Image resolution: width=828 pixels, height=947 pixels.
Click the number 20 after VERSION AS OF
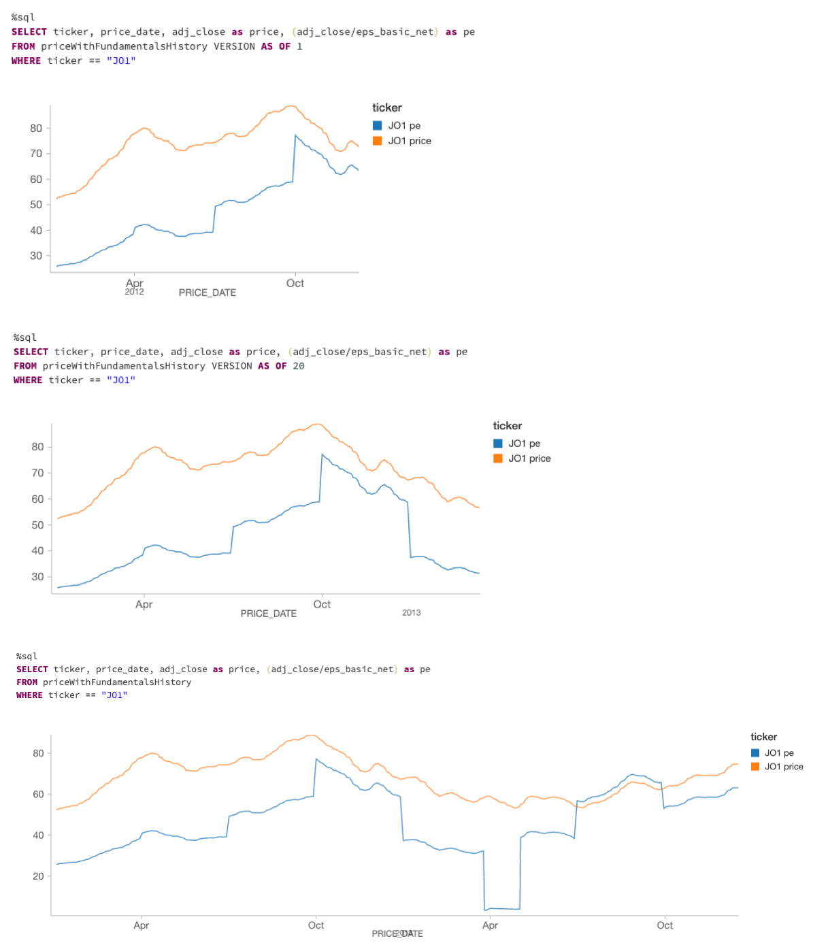pos(299,366)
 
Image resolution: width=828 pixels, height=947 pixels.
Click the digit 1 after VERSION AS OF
pos(299,46)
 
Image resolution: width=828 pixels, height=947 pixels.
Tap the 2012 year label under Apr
pos(134,292)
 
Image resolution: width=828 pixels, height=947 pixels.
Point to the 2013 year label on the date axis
pos(411,612)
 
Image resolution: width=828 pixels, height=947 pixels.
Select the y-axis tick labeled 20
pos(38,876)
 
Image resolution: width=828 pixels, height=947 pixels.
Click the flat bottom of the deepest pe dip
pos(502,908)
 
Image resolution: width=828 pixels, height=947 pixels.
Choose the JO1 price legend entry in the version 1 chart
pos(410,141)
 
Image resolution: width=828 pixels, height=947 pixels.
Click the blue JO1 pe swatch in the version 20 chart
pos(498,444)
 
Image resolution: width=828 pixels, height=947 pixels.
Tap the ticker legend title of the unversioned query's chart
pos(763,737)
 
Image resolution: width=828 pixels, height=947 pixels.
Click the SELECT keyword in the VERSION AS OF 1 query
pos(29,32)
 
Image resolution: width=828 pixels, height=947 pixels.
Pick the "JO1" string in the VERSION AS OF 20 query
pos(120,380)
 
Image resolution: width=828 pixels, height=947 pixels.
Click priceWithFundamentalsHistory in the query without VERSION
pos(117,682)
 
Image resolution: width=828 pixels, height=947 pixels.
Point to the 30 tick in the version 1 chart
pos(36,256)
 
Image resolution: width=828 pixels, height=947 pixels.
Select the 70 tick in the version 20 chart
pos(37,473)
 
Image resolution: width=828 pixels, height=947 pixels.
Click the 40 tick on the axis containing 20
pos(38,835)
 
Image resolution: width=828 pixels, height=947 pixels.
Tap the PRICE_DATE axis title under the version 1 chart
pos(208,293)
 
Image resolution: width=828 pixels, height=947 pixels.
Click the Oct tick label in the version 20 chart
pos(322,604)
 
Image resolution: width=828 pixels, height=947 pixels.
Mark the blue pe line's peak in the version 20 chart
pos(322,454)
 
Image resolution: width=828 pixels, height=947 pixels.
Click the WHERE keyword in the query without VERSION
pos(29,695)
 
